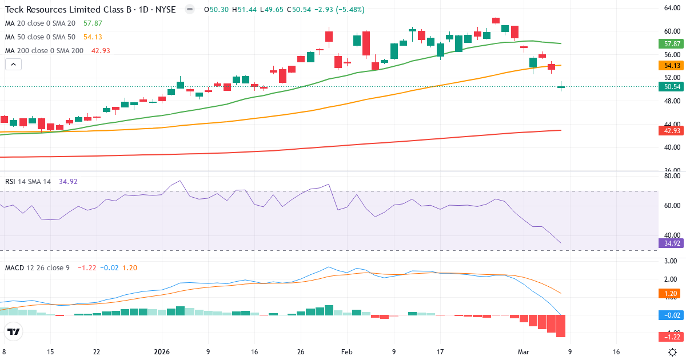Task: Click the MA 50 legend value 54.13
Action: [93, 37]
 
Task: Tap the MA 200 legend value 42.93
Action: [101, 51]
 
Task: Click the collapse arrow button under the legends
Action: [13, 65]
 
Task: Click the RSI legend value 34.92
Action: [68, 182]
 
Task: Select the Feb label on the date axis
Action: [347, 352]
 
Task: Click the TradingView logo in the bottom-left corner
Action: [13, 331]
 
